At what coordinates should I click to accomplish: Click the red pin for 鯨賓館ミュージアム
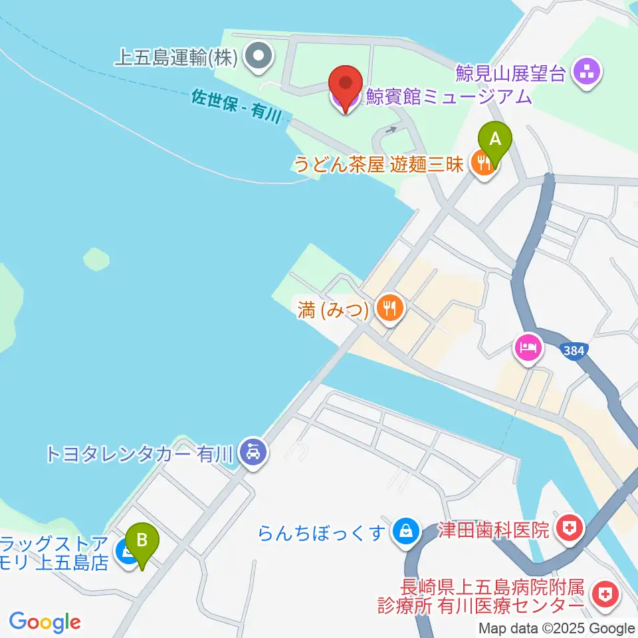pyautogui.click(x=346, y=86)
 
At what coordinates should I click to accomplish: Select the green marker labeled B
pyautogui.click(x=142, y=542)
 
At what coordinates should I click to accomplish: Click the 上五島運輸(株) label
pyautogui.click(x=176, y=58)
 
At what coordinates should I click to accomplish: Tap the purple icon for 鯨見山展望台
pyautogui.click(x=587, y=72)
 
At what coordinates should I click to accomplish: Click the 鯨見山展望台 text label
pyautogui.click(x=510, y=72)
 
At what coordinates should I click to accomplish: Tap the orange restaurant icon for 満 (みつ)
pyautogui.click(x=387, y=308)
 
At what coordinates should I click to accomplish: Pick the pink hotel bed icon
pyautogui.click(x=528, y=348)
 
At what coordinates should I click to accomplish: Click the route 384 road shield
pyautogui.click(x=573, y=350)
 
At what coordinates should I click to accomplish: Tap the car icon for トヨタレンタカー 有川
pyautogui.click(x=253, y=454)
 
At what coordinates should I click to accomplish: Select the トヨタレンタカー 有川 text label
pyautogui.click(x=139, y=454)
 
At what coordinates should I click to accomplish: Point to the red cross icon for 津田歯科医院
pyautogui.click(x=568, y=530)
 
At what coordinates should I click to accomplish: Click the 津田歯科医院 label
pyautogui.click(x=494, y=530)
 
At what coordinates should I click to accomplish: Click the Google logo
pyautogui.click(x=45, y=622)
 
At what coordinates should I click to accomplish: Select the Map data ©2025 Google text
pyautogui.click(x=557, y=628)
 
